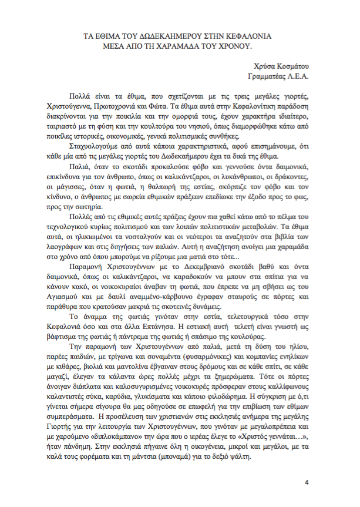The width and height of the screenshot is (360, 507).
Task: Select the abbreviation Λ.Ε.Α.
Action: (x=297, y=76)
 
